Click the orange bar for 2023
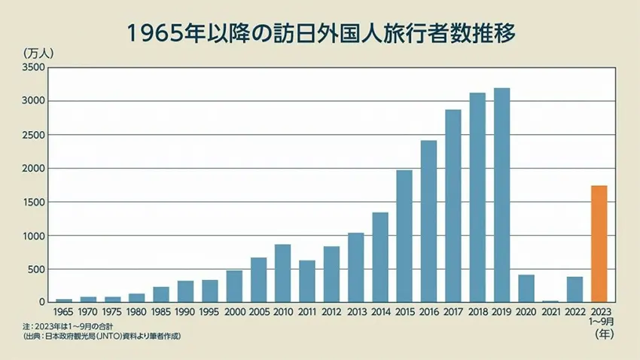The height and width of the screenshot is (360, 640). tap(599, 243)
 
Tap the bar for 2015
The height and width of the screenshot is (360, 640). tap(404, 236)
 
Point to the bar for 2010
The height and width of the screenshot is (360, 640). tap(282, 273)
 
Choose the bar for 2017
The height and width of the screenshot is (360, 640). tap(453, 206)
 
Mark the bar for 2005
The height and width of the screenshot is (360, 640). tap(258, 279)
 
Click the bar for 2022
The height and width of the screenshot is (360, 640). tap(574, 289)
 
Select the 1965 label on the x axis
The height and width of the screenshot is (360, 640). tap(64, 310)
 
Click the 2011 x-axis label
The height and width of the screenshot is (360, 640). tap(306, 310)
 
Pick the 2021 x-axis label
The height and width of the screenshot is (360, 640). tap(550, 310)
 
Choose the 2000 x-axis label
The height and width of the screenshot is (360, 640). tap(234, 310)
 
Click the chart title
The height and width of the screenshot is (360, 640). tap(320, 34)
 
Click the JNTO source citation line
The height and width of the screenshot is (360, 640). tap(102, 335)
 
